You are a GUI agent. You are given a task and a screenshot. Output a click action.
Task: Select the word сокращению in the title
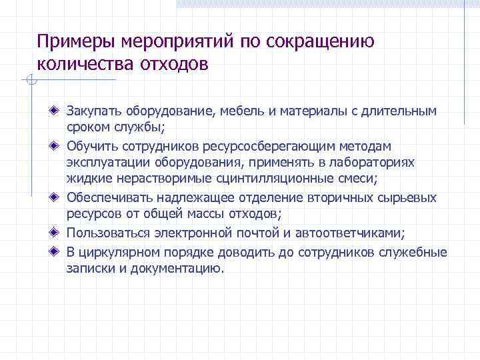point(320,42)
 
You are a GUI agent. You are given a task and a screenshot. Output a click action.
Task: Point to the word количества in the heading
point(83,65)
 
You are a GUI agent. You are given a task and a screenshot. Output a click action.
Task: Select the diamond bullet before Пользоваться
point(56,233)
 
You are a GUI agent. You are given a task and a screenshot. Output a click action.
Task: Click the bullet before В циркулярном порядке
point(56,251)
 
